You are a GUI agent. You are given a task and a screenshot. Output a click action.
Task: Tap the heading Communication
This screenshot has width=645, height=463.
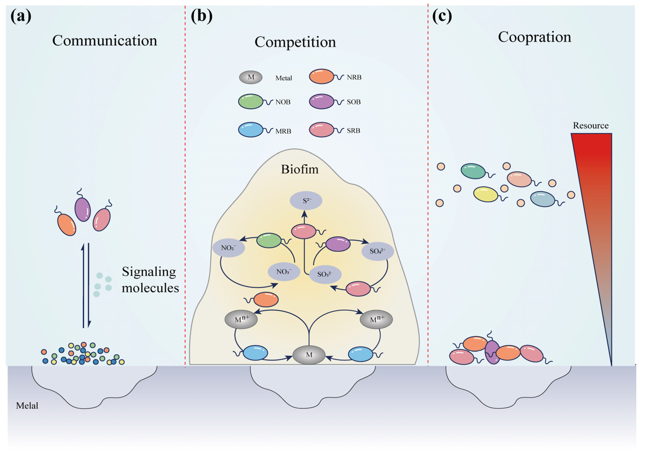pyautogui.click(x=105, y=41)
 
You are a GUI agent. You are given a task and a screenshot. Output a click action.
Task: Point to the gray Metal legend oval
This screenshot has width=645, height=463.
pyautogui.click(x=251, y=77)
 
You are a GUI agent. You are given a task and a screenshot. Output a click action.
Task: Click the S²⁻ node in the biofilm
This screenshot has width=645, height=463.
pyautogui.click(x=306, y=201)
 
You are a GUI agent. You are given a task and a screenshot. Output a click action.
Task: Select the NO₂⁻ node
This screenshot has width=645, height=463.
pyautogui.click(x=229, y=248)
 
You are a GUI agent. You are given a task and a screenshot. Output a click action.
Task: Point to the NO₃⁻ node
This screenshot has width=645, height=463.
pyautogui.click(x=284, y=272)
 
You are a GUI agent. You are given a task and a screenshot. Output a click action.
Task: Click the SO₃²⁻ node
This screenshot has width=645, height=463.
pyautogui.click(x=325, y=274)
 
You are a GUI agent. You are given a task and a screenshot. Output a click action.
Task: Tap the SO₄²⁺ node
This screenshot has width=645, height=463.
pyautogui.click(x=377, y=251)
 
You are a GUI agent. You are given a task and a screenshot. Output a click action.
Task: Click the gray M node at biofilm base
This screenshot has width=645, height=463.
pyautogui.click(x=309, y=355)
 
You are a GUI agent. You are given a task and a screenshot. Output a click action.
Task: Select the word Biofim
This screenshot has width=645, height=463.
pyautogui.click(x=300, y=169)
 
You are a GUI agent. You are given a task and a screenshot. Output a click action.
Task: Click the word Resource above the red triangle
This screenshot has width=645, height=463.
pyautogui.click(x=591, y=126)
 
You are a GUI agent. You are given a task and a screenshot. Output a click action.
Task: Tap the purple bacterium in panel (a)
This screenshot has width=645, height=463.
pyautogui.click(x=83, y=209)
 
